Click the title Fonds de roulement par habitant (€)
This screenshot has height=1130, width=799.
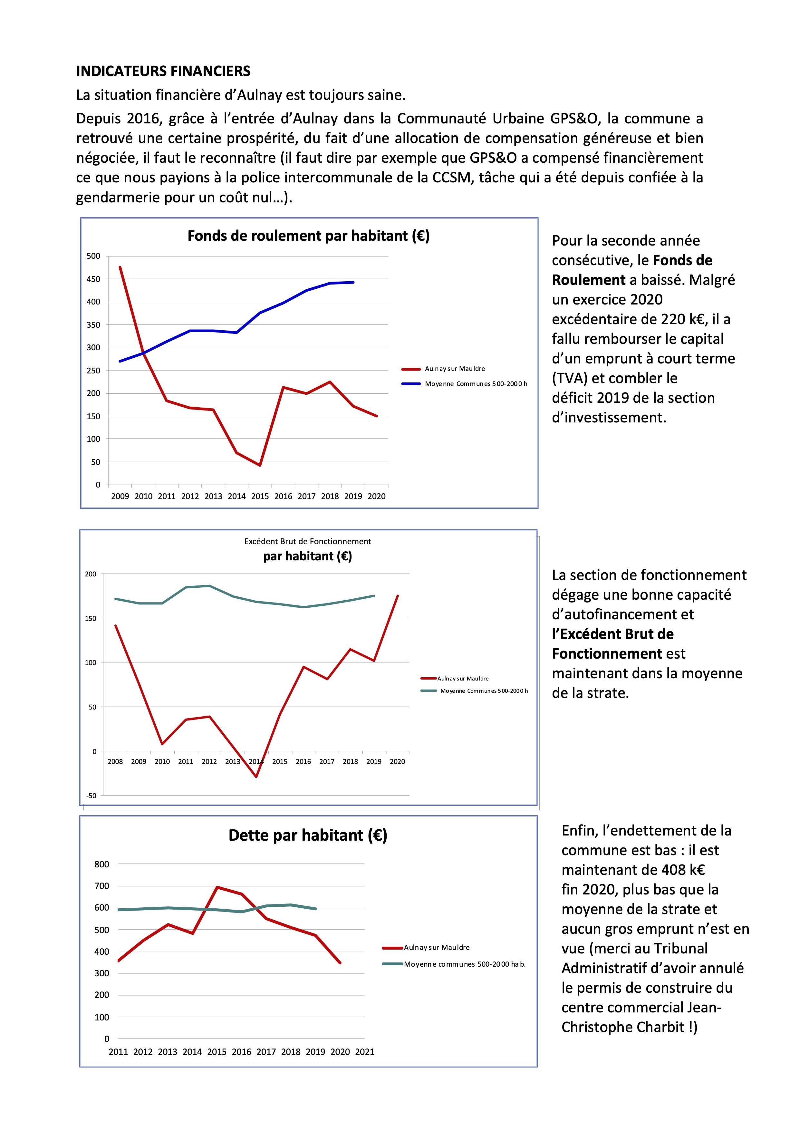click(308, 236)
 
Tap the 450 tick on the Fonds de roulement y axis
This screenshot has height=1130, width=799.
click(93, 279)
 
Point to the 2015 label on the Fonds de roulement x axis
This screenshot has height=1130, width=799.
click(260, 496)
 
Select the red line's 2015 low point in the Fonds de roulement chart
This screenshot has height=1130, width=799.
click(260, 465)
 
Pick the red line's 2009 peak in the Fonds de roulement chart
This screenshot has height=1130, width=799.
click(120, 267)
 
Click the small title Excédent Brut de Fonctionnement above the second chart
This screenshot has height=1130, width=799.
click(307, 541)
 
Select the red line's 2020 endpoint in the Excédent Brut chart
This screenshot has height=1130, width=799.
click(398, 596)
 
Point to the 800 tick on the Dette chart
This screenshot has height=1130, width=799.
click(101, 864)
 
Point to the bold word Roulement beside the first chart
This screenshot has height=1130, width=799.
click(588, 280)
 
